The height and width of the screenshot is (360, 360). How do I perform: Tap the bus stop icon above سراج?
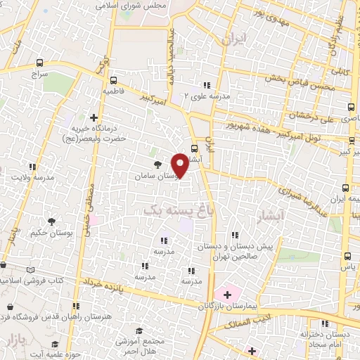click(37, 62)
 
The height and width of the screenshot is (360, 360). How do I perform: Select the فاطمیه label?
click(115, 91)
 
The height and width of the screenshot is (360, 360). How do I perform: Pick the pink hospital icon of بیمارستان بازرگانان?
click(226, 292)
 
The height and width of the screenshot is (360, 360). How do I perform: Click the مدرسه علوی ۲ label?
click(204, 97)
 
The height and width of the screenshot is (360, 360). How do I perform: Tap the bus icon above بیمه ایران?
click(345, 188)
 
